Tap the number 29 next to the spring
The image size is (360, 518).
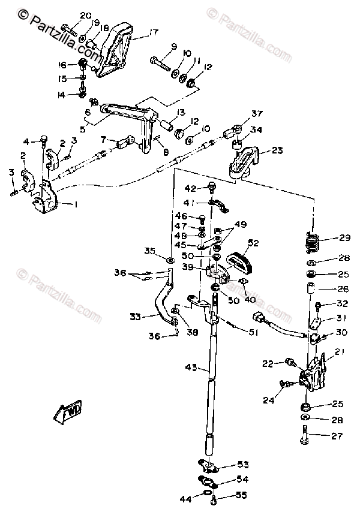tap(344, 238)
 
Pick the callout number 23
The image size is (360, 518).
tap(278, 151)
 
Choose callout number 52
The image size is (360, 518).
tap(253, 243)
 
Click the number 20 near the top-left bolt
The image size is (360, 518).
tap(86, 15)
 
